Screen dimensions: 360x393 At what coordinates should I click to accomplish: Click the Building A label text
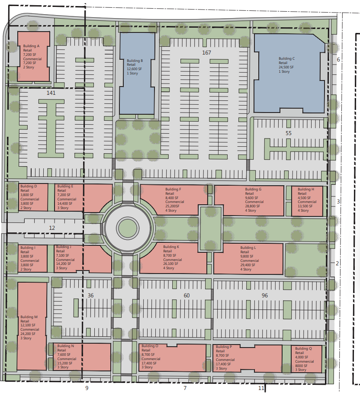coord(31,46)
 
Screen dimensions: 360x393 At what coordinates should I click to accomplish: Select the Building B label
coord(135,61)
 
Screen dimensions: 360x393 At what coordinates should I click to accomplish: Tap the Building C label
coord(286,59)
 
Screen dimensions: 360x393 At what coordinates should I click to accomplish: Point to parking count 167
coord(207,53)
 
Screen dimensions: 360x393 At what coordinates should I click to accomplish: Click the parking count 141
coord(51,93)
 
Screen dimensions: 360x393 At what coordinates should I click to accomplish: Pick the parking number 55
coord(289,133)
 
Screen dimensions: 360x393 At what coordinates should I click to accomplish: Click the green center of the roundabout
coord(128,229)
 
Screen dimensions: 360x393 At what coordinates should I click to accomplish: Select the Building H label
coord(306,189)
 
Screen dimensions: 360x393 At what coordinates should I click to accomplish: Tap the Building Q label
coord(303,348)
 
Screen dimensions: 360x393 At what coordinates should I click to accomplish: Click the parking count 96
coord(265,296)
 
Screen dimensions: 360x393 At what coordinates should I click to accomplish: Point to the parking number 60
coord(186,296)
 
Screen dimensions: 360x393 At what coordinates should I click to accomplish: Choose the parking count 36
coord(91,296)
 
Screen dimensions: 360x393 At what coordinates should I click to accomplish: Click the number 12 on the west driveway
coord(52,228)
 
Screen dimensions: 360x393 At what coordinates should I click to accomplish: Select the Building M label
coord(29,317)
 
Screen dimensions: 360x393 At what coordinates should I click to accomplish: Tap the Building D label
coord(29,186)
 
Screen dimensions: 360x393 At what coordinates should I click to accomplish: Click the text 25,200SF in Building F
coord(172,206)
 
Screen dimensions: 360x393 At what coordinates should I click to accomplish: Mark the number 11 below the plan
coord(261,388)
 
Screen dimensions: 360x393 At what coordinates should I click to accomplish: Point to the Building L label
coord(248,248)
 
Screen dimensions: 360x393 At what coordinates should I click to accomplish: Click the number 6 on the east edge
coord(338,60)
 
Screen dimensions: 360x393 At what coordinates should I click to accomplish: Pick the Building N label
coord(66,346)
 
